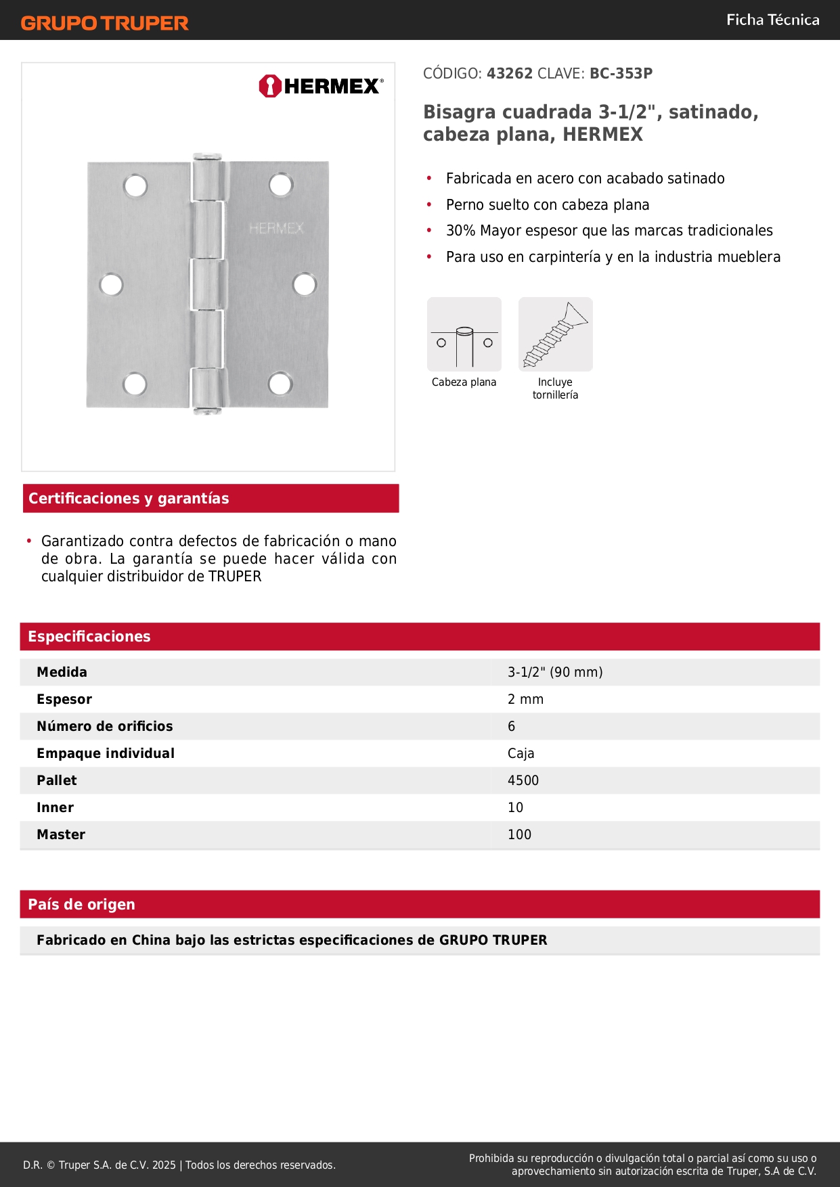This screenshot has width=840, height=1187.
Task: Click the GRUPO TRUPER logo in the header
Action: (x=104, y=23)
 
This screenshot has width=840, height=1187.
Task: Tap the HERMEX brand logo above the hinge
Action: (x=321, y=86)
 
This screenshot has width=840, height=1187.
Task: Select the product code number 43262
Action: (x=510, y=73)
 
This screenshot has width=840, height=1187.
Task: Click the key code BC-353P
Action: (x=621, y=73)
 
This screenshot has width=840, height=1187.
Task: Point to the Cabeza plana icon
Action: (x=464, y=334)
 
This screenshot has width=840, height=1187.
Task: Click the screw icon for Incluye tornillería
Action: (x=555, y=334)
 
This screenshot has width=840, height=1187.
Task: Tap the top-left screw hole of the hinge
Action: (x=135, y=186)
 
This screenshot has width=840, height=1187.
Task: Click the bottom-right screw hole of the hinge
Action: (x=280, y=384)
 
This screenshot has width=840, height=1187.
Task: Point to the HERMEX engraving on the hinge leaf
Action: (x=276, y=228)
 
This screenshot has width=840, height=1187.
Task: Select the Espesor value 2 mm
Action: (x=525, y=699)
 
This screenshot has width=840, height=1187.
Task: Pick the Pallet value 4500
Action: (x=523, y=780)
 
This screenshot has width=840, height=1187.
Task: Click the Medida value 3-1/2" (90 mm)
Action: (x=555, y=672)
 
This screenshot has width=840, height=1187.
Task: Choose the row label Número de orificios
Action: (x=105, y=726)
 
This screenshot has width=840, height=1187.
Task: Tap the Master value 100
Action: (x=519, y=834)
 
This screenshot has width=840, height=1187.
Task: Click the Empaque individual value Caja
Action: (x=521, y=753)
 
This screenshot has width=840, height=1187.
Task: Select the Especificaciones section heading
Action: (x=89, y=636)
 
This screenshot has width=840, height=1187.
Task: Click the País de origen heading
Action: (x=81, y=904)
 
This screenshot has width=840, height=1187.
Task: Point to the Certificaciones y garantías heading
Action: (x=129, y=498)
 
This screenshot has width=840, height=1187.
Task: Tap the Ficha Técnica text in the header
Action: (x=772, y=20)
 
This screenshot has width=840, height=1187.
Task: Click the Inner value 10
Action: (x=515, y=807)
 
